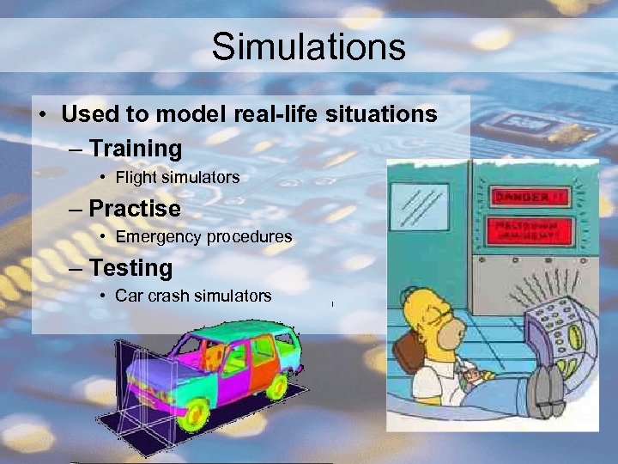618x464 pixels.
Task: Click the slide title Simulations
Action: click(x=309, y=46)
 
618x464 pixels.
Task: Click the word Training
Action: click(x=136, y=149)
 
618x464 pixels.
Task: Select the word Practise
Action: click(x=135, y=209)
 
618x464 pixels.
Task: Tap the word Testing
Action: click(x=130, y=268)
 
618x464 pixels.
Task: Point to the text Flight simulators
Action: click(x=178, y=178)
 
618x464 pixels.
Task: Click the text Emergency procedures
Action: click(x=203, y=236)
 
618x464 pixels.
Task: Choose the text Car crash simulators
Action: click(x=193, y=296)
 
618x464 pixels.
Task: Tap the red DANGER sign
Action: click(x=530, y=196)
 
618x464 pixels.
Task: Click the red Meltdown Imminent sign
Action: click(x=530, y=230)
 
